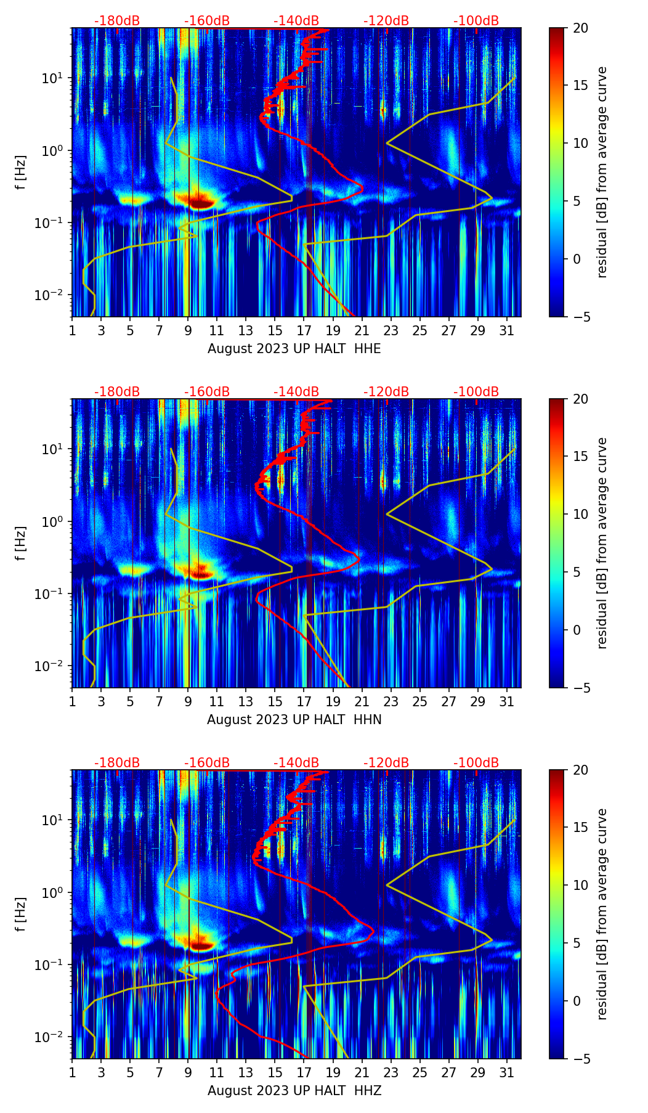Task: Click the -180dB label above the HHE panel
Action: (x=117, y=21)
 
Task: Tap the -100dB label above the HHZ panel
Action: (x=476, y=763)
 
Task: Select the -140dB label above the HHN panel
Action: (x=296, y=392)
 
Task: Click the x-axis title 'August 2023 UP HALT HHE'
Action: (x=294, y=349)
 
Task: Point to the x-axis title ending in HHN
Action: (x=294, y=720)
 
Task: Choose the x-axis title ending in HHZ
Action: (x=294, y=1091)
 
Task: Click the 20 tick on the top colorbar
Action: (x=581, y=28)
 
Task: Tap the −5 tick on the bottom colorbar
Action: (x=581, y=1059)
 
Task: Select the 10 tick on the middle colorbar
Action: (x=581, y=514)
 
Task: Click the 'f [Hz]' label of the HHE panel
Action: (x=21, y=173)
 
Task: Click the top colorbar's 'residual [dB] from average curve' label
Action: (x=602, y=173)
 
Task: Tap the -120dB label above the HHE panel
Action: (x=386, y=21)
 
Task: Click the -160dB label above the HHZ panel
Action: (x=207, y=763)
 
